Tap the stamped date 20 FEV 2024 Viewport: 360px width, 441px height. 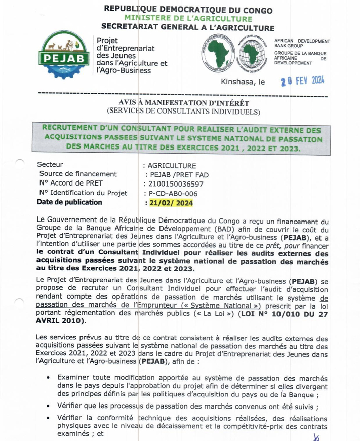[302, 80]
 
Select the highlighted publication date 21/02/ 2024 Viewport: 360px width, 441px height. [169, 203]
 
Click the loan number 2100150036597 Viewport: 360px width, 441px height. [173, 184]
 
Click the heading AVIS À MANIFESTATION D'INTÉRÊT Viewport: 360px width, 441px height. [182, 102]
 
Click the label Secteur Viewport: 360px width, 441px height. [50, 165]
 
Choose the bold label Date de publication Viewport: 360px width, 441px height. [69, 202]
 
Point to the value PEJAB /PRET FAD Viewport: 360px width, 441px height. [177, 175]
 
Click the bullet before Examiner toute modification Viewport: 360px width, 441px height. [47, 378]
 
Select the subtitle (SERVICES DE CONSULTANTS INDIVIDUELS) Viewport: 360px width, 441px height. [182, 111]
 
